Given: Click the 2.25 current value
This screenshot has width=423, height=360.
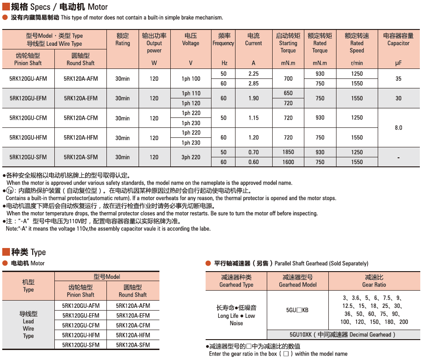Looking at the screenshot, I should click(x=253, y=73).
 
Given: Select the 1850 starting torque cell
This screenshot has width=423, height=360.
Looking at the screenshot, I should click(x=288, y=152).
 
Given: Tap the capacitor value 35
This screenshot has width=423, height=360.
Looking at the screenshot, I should click(x=398, y=78).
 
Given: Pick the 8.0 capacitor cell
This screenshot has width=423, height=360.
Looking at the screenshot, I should click(x=398, y=128).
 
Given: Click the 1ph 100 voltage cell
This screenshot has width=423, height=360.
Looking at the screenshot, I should click(x=191, y=78).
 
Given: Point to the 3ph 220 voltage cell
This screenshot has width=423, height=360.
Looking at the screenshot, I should click(x=191, y=157).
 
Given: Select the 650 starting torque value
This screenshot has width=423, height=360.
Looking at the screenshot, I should click(x=288, y=93).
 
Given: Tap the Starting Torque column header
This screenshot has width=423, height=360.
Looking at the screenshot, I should click(x=288, y=43).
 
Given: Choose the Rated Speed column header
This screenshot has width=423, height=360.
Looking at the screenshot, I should click(x=356, y=43).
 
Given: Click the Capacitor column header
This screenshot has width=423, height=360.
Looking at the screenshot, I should click(x=398, y=39).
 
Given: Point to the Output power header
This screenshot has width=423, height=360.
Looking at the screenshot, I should click(x=154, y=43).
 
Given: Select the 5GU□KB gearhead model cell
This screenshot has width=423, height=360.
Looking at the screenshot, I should click(x=297, y=310).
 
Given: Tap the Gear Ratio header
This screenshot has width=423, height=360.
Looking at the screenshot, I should click(x=374, y=281).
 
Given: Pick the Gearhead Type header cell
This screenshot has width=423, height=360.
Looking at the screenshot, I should click(x=236, y=281).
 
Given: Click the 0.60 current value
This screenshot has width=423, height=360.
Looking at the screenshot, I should click(x=253, y=162).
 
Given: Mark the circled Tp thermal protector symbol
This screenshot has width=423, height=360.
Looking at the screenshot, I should click(x=9, y=191).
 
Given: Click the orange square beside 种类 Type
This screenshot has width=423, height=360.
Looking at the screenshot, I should click(x=6, y=252).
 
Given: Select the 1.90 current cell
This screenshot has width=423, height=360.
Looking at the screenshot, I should click(x=253, y=98).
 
